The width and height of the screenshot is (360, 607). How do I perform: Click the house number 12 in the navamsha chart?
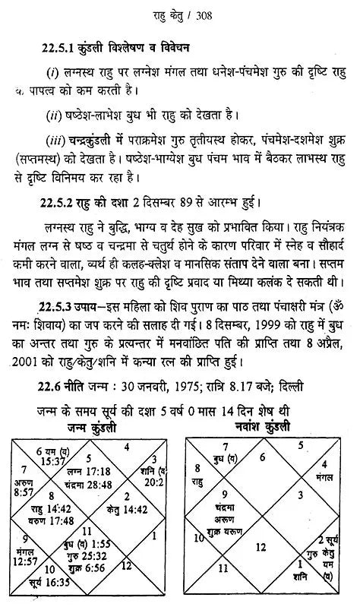point(262,547)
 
